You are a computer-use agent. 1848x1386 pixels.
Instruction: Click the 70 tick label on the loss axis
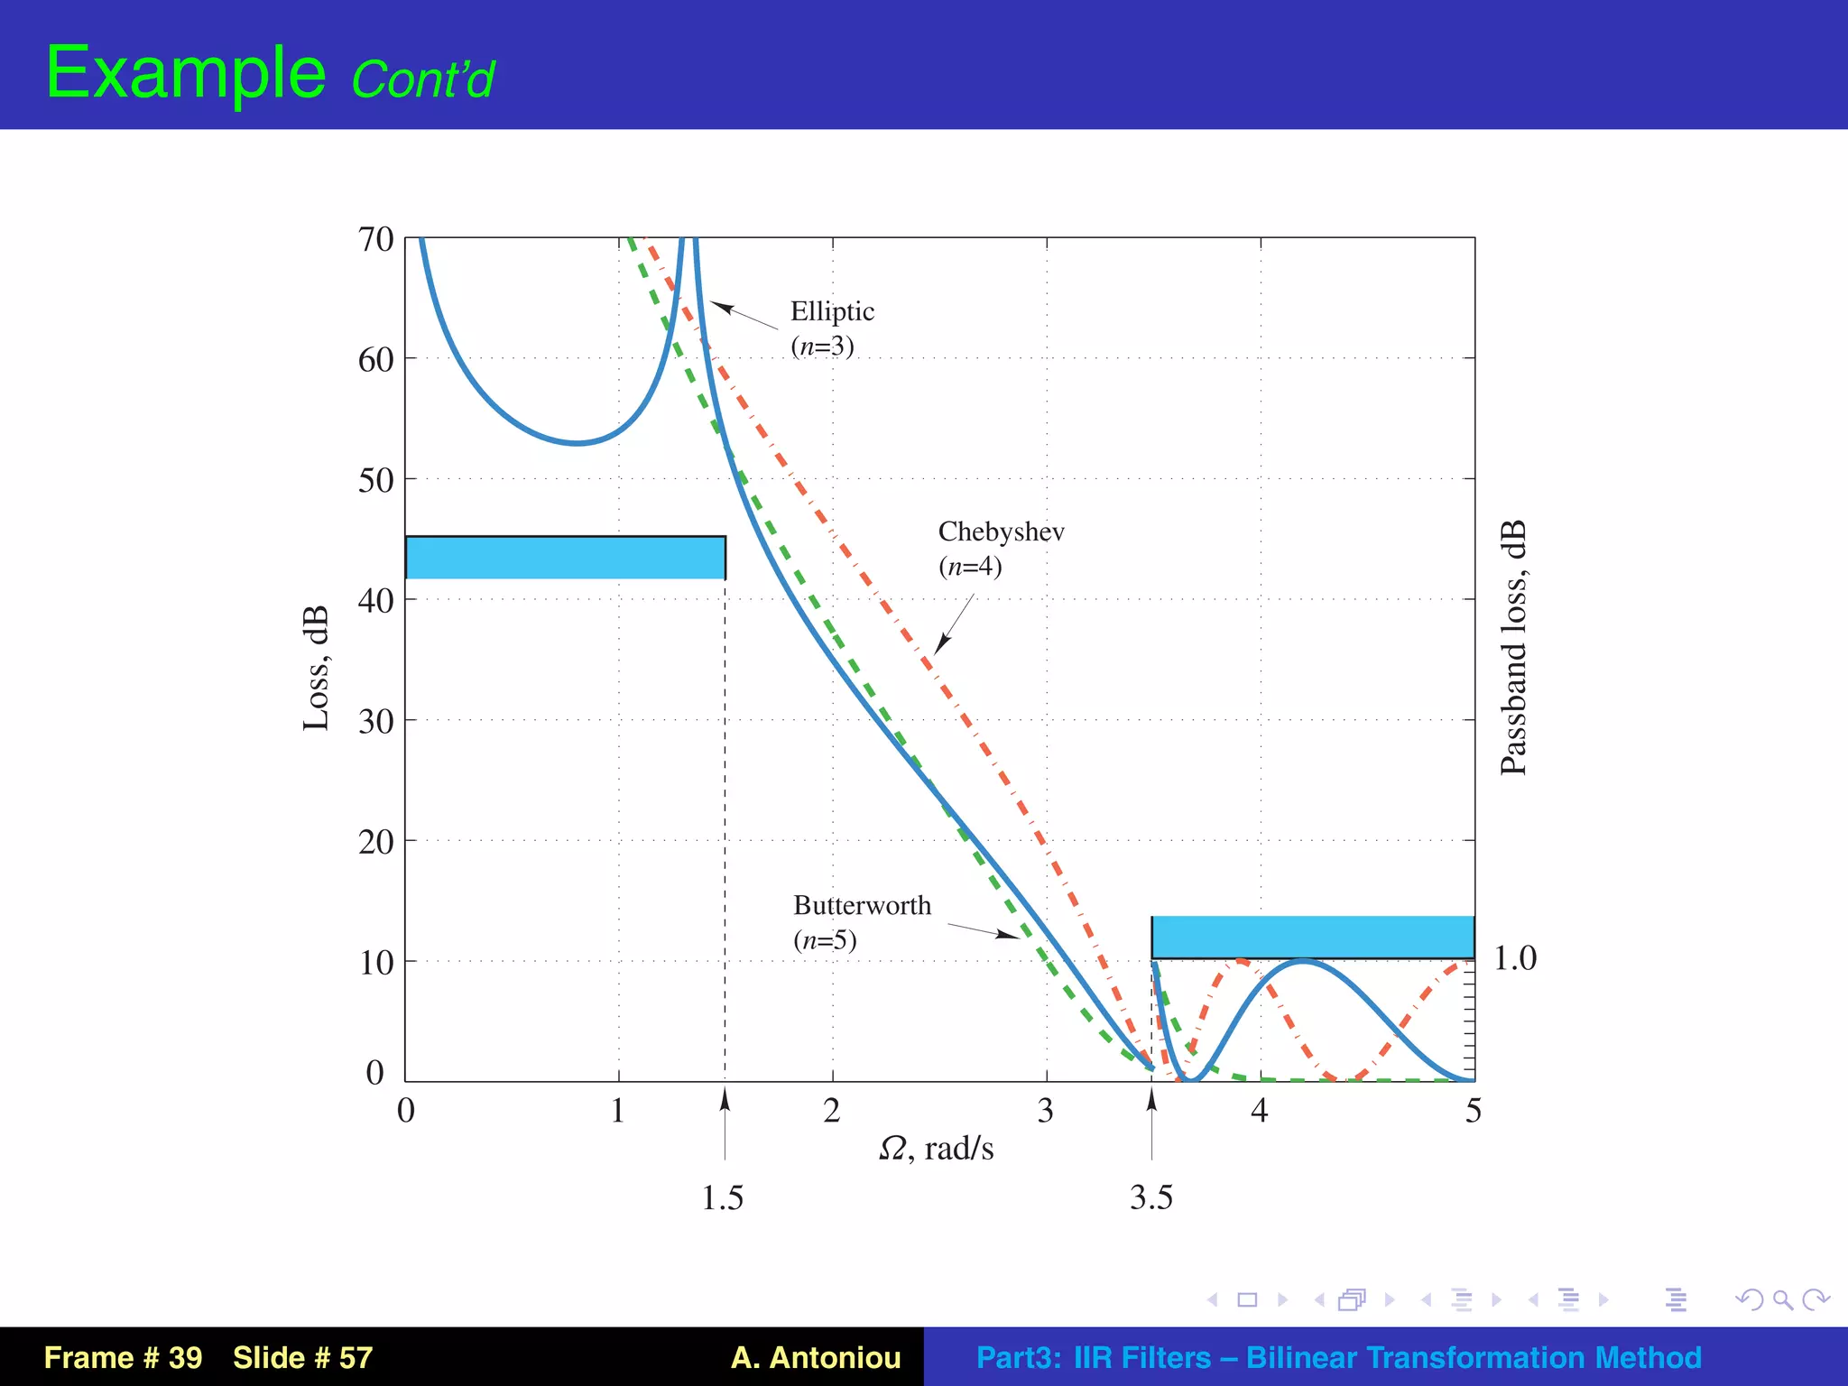pyautogui.click(x=375, y=240)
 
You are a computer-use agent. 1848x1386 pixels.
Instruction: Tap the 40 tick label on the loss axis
pyautogui.click(x=375, y=600)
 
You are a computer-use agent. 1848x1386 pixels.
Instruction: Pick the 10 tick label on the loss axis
pyautogui.click(x=375, y=963)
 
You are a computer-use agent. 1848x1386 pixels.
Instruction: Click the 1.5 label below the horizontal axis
pyautogui.click(x=723, y=1198)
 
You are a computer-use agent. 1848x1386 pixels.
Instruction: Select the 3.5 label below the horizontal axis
pyautogui.click(x=1151, y=1198)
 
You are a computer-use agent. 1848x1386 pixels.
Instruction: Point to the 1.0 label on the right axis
pyautogui.click(x=1515, y=958)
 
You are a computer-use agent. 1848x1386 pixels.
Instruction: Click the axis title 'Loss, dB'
pyautogui.click(x=315, y=668)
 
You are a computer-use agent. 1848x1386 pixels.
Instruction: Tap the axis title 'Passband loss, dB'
pyautogui.click(x=1513, y=647)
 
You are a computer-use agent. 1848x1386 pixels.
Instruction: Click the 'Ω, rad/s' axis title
pyautogui.click(x=937, y=1149)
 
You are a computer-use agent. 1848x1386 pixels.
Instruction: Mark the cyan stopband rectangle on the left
pyautogui.click(x=565, y=558)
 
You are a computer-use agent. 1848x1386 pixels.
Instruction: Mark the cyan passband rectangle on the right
pyautogui.click(x=1312, y=937)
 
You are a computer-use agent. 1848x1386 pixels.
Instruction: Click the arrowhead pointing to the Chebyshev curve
pyautogui.click(x=941, y=644)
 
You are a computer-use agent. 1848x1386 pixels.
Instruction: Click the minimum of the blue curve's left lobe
pyautogui.click(x=577, y=443)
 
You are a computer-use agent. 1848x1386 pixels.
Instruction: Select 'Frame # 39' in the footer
pyautogui.click(x=123, y=1357)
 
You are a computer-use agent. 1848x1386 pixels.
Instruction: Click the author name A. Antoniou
pyautogui.click(x=816, y=1357)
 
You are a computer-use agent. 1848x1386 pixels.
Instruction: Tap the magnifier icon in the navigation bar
pyautogui.click(x=1782, y=1299)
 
